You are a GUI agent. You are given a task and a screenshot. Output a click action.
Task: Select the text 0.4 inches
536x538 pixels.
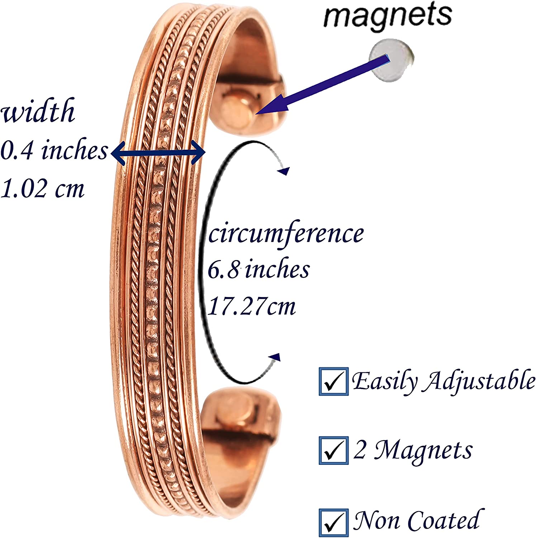click(54, 151)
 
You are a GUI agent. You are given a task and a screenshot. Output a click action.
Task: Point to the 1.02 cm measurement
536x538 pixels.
click(42, 188)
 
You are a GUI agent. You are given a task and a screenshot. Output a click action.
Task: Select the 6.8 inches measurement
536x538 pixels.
click(258, 270)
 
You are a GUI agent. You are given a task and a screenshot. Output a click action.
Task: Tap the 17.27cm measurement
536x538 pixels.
click(252, 307)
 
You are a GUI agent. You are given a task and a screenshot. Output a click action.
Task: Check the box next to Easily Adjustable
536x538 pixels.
click(333, 382)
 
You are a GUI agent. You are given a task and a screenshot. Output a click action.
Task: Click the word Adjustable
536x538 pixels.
click(479, 382)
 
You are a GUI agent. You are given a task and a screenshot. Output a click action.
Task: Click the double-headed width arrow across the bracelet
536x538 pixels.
click(158, 153)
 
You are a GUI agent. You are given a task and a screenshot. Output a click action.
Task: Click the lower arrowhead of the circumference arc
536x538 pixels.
click(275, 357)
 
